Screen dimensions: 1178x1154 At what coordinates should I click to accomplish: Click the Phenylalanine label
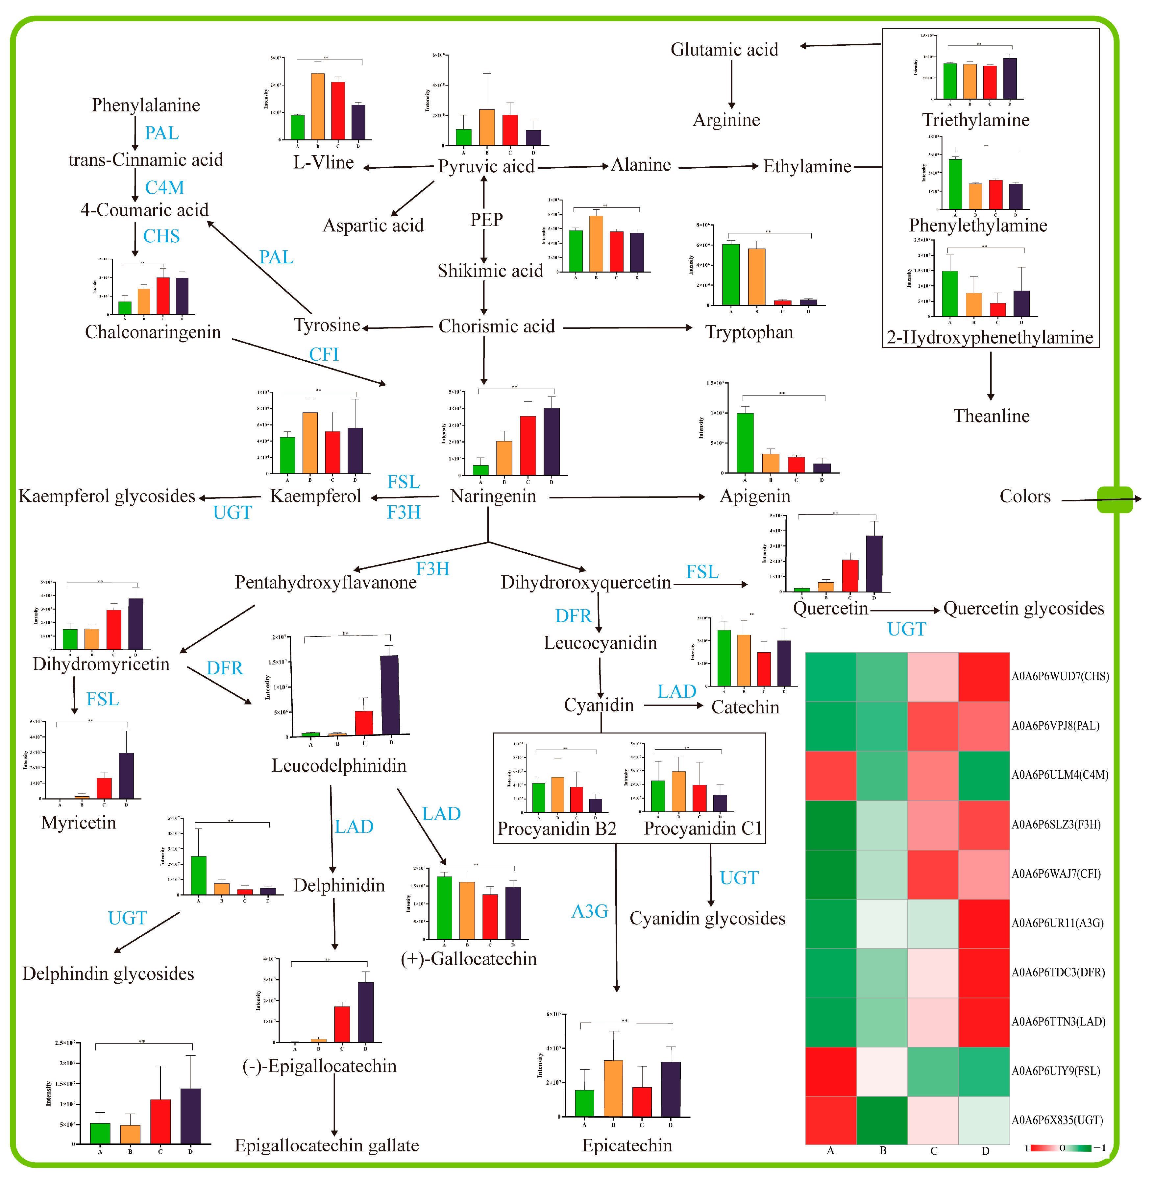point(145,105)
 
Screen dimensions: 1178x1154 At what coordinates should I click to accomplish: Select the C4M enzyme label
point(164,187)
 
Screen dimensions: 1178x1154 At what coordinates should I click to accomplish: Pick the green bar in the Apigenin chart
point(745,442)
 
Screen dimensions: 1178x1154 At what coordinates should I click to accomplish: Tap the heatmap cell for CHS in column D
point(984,677)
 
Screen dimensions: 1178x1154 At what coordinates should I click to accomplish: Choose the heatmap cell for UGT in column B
point(882,1120)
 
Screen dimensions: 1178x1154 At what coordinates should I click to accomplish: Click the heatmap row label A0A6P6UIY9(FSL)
point(1056,1071)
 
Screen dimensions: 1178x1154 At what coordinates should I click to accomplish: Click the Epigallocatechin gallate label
point(327,1145)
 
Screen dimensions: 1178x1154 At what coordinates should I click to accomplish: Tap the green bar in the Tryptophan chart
point(731,274)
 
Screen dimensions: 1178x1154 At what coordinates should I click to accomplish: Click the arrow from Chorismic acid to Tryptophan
point(627,328)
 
